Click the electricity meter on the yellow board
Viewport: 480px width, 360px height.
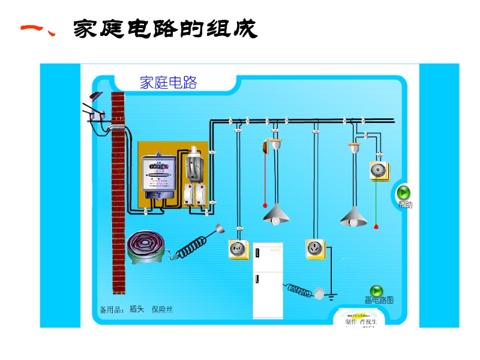(x=158, y=174)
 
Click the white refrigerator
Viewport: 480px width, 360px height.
(x=267, y=280)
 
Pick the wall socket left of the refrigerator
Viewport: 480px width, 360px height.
(x=238, y=248)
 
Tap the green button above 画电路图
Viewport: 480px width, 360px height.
(x=377, y=291)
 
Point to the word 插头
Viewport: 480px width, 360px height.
(x=137, y=310)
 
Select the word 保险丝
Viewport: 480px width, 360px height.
(x=162, y=310)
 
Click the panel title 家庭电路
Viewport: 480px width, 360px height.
(x=168, y=83)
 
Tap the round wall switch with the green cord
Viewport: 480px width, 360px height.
(x=377, y=170)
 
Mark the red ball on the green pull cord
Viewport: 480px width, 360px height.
(x=376, y=227)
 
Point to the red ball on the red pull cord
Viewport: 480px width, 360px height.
(x=265, y=205)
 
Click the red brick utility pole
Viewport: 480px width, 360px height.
(x=118, y=192)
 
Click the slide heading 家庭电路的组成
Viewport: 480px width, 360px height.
(x=165, y=28)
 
